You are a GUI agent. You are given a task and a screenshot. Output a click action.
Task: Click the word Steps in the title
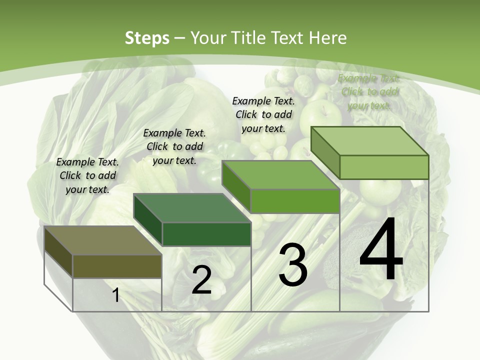coord(146,38)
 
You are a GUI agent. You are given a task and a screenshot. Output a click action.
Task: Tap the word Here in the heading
coord(328,38)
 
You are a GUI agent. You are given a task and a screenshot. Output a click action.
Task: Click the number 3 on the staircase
coord(293,265)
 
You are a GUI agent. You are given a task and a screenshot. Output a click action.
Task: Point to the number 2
coord(201,280)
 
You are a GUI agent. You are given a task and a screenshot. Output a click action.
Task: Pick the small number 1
coord(115,295)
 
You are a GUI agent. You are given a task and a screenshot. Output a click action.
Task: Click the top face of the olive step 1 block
coord(102,240)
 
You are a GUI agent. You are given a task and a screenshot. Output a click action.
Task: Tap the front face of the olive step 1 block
coord(117,266)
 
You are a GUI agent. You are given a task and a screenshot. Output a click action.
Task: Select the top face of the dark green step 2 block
coord(191,208)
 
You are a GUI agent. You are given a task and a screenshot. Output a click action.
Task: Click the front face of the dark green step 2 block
coord(206,234)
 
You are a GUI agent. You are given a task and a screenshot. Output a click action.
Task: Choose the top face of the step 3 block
coord(280,175)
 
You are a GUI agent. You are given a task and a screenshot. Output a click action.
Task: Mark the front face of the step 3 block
coord(295,201)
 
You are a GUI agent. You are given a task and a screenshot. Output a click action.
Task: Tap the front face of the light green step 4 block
coord(384,167)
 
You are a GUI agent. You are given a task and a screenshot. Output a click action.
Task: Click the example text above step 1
coord(87,175)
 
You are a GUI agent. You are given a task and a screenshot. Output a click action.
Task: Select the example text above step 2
coord(174,146)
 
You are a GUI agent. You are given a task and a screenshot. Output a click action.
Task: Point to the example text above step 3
coord(263,114)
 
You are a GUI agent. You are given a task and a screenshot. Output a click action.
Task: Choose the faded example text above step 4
coord(369,91)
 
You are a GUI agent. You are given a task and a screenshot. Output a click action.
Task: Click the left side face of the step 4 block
coord(325,152)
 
